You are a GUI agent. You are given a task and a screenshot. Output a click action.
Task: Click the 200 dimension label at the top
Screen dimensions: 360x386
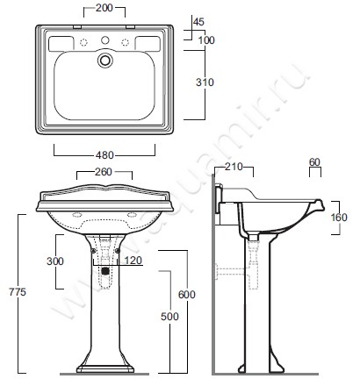coord(104,8)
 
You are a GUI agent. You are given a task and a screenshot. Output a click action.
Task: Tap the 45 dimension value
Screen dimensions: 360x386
coord(199,22)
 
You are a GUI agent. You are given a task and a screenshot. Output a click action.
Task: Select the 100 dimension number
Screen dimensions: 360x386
coord(206,40)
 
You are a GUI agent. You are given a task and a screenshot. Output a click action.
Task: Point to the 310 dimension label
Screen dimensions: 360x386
coord(205,82)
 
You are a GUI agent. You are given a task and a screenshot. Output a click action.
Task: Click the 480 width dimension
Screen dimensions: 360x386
coord(104,155)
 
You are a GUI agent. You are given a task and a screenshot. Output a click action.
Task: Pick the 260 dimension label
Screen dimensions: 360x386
coord(104,172)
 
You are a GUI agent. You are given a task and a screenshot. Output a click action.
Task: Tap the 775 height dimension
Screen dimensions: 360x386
coord(18,292)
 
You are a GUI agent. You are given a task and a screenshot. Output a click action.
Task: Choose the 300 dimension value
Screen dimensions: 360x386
coord(55,261)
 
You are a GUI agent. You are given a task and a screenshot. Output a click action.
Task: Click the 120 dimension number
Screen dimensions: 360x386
coord(133,261)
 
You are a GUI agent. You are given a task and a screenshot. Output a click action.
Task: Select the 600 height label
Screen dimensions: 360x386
coord(187,295)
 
